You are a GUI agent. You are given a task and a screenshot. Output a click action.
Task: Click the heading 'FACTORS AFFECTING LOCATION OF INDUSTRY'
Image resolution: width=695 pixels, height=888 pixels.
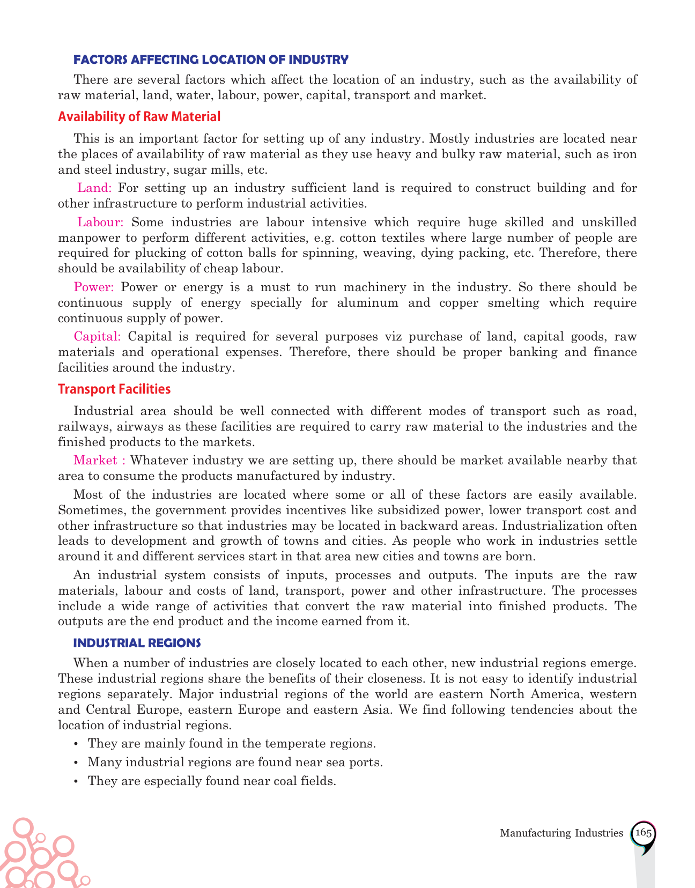(211, 60)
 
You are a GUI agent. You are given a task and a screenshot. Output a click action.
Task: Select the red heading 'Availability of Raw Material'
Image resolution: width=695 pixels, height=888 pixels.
(139, 117)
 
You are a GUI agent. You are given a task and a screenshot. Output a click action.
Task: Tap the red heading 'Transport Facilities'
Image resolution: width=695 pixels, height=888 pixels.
(114, 389)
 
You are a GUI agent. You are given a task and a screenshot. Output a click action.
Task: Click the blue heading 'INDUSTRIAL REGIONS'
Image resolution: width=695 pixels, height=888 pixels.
(137, 643)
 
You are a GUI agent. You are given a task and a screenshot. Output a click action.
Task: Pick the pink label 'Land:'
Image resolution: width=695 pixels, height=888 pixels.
(94, 188)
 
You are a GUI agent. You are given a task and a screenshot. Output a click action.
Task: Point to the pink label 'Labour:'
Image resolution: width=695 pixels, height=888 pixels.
(101, 222)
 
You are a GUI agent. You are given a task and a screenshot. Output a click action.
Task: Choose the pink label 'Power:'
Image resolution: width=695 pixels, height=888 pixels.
(94, 287)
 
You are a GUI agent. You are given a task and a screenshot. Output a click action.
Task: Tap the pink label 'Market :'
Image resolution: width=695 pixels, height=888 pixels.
(100, 461)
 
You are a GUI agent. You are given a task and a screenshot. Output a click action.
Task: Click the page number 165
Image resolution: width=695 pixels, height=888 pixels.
(643, 833)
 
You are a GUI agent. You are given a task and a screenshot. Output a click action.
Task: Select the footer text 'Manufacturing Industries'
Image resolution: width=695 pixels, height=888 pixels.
(561, 833)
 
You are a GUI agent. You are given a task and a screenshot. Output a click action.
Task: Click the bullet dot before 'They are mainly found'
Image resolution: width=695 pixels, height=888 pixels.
(77, 744)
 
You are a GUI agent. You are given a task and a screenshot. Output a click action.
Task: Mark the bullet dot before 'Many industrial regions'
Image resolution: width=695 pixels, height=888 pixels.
(77, 763)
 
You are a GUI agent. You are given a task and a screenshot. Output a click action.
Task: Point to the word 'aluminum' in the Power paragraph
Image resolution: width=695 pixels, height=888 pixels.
(368, 303)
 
